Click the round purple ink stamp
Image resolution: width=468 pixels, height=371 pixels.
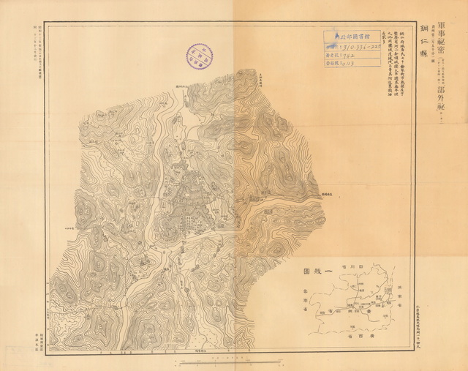(x=197, y=56)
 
